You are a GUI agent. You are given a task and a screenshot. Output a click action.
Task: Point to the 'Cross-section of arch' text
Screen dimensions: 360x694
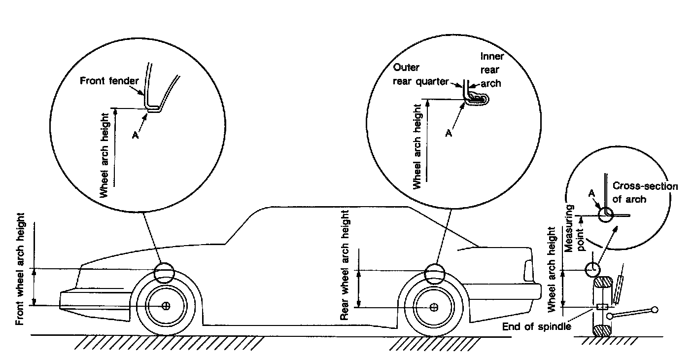(x=645, y=192)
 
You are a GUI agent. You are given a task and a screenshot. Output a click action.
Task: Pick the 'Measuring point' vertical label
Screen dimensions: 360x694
(x=575, y=227)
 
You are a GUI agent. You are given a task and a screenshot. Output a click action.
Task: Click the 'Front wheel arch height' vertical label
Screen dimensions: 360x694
(x=20, y=269)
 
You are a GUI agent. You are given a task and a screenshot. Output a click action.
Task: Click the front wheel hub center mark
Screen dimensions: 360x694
(x=166, y=306)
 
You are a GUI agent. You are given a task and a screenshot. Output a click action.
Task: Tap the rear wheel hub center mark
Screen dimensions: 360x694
(x=434, y=308)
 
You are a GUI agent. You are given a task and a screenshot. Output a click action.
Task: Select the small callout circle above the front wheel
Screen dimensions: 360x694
(x=164, y=273)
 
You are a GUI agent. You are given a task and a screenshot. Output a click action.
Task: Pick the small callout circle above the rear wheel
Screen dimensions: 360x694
(x=434, y=274)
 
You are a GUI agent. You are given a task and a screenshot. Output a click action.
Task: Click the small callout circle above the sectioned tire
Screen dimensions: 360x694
(x=592, y=269)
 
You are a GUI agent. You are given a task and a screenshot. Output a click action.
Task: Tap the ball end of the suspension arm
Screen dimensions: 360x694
(x=655, y=310)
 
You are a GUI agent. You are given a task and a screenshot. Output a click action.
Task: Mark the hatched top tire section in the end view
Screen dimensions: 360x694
(x=603, y=284)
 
